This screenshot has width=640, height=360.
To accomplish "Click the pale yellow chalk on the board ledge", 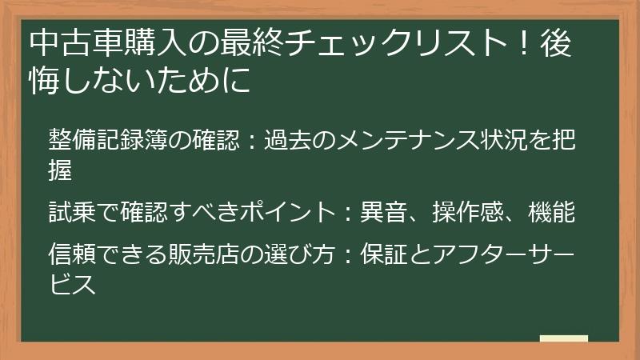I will (x=564, y=338).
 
